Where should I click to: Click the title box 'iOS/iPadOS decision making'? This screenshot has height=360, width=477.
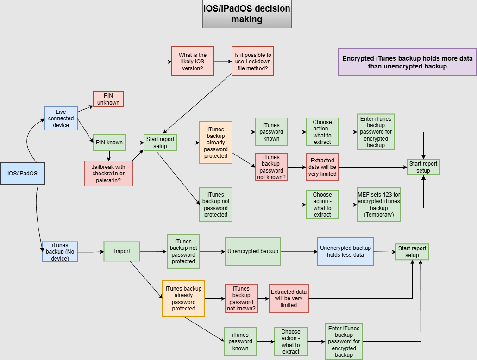pyautogui.click(x=247, y=14)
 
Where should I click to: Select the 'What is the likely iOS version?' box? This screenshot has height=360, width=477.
pyautogui.click(x=193, y=61)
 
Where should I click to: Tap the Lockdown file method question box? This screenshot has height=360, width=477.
pyautogui.click(x=252, y=61)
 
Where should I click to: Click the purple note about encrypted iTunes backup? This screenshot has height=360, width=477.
pyautogui.click(x=407, y=62)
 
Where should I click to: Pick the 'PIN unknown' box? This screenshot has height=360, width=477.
pyautogui.click(x=108, y=99)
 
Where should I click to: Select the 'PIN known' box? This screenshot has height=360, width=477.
pyautogui.click(x=109, y=142)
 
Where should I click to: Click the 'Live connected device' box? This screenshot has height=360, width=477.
pyautogui.click(x=61, y=118)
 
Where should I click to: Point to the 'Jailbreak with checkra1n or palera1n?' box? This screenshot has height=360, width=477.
pyautogui.click(x=108, y=174)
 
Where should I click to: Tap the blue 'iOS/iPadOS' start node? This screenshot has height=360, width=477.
pyautogui.click(x=22, y=174)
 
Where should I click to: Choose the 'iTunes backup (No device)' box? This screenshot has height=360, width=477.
pyautogui.click(x=60, y=252)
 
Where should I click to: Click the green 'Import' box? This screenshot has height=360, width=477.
pyautogui.click(x=122, y=251)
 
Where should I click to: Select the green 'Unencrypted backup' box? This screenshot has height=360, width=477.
pyautogui.click(x=252, y=251)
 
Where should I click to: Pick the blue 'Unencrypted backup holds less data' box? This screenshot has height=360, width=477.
pyautogui.click(x=345, y=251)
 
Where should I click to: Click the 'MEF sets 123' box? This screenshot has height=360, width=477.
pyautogui.click(x=378, y=205)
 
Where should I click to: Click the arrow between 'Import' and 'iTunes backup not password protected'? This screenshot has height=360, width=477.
pyautogui.click(x=153, y=252)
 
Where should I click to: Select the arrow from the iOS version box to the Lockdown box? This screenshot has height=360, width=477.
pyautogui.click(x=223, y=61)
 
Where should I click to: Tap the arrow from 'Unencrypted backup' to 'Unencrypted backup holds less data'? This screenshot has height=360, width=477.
pyautogui.click(x=299, y=252)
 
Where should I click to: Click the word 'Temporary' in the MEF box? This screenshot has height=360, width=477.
pyautogui.click(x=378, y=215)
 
